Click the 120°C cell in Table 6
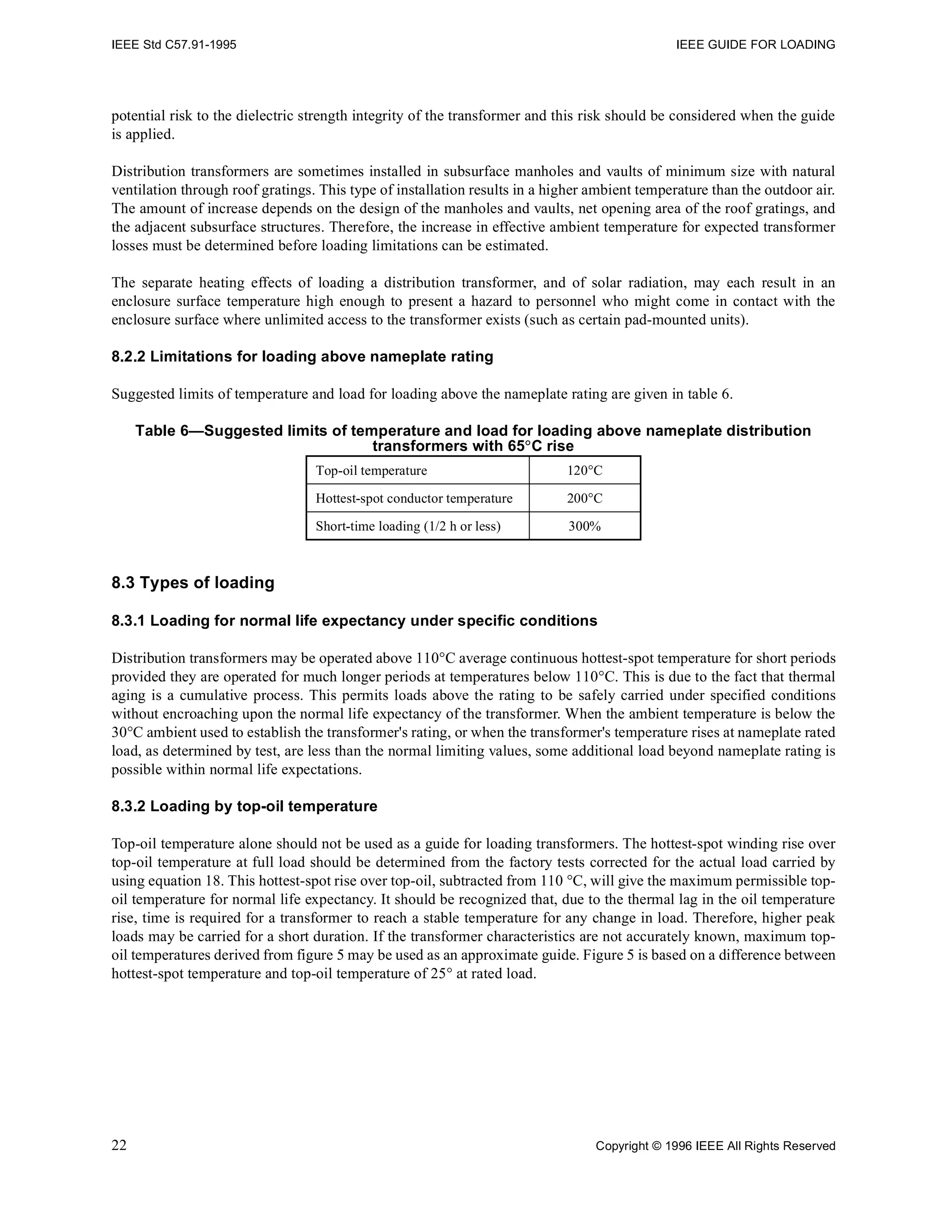[x=584, y=470]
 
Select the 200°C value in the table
[x=584, y=499]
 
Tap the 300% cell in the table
[x=584, y=526]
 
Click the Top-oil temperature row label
[x=371, y=470]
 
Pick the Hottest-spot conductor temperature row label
[x=413, y=499]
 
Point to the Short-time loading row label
[x=407, y=526]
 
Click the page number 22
[x=119, y=1145]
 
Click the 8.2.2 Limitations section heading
[x=302, y=357]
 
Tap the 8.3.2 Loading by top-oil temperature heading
[x=244, y=806]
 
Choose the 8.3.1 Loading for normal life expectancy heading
[x=354, y=621]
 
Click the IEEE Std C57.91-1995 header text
[x=174, y=45]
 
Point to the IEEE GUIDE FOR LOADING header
[x=756, y=45]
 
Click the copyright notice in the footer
[x=715, y=1146]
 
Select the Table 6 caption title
[x=473, y=438]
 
